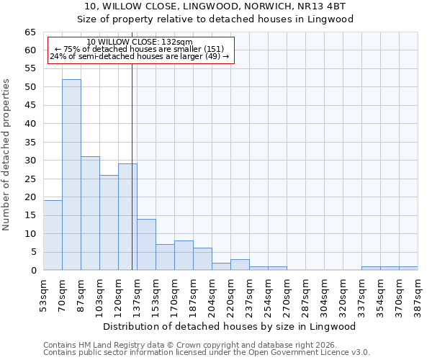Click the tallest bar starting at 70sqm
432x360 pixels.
click(x=71, y=175)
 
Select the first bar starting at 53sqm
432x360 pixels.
click(x=53, y=235)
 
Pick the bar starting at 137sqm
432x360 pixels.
click(x=146, y=245)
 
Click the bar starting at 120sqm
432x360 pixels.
click(x=127, y=217)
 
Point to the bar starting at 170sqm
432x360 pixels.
click(x=184, y=256)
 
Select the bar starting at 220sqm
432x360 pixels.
click(x=240, y=265)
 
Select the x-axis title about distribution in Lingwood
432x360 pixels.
click(x=230, y=326)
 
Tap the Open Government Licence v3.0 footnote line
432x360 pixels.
click(x=207, y=353)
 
